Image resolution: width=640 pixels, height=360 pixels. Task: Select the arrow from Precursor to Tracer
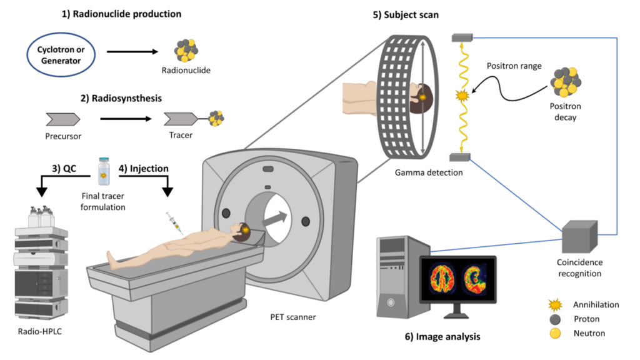[x=126, y=118]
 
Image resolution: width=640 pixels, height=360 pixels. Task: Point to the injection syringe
[x=173, y=223]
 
